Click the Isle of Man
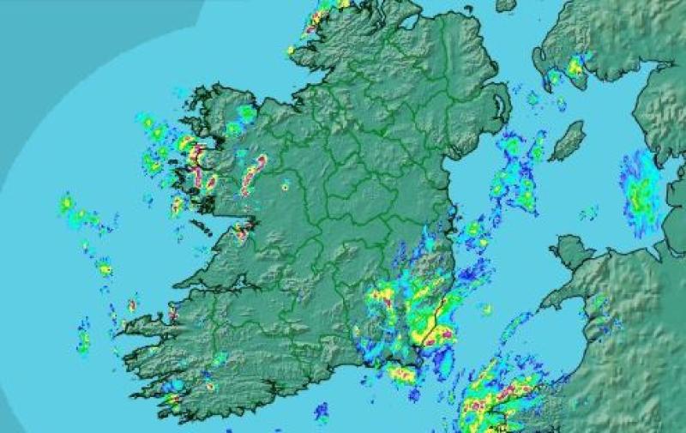[x=567, y=140]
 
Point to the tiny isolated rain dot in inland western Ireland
[x=285, y=185]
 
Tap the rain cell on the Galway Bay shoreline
[x=243, y=230]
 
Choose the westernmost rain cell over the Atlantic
[x=67, y=204]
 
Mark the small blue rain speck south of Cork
[x=322, y=412]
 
